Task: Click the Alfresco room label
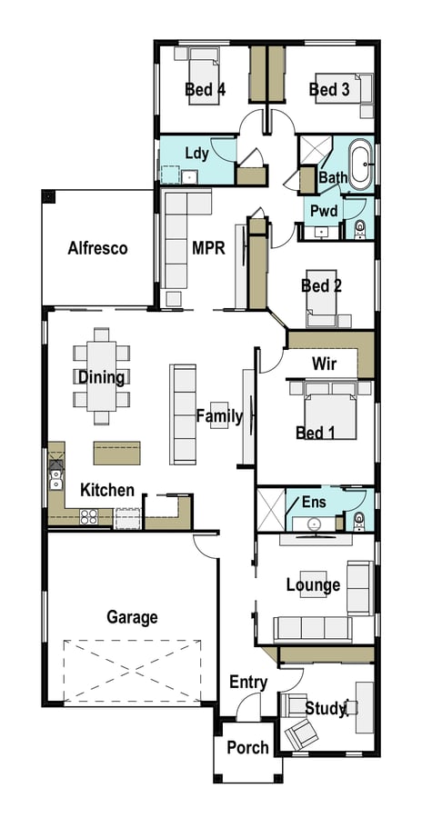pos(97,248)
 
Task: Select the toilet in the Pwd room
pos(360,229)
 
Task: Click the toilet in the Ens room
pos(359,521)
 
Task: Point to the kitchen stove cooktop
pos(89,516)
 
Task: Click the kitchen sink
pos(55,479)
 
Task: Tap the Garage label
pos(132,618)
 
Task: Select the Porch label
pos(248,748)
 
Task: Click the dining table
pos(102,375)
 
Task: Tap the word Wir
pos(324,364)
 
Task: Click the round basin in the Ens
pos(315,524)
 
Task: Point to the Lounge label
pos(314,585)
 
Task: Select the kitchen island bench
pos(117,453)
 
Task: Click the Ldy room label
pos(196,154)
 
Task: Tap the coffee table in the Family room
pos(219,415)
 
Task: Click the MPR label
pos(208,248)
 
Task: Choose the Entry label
pos(248,682)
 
